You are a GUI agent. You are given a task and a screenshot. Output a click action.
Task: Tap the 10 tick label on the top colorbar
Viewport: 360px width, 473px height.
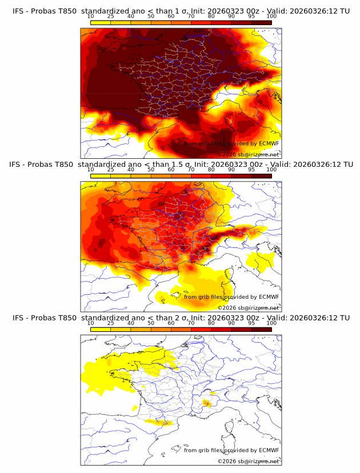pos(91,16)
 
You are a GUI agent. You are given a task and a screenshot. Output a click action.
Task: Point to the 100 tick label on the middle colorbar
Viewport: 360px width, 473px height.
pos(271,170)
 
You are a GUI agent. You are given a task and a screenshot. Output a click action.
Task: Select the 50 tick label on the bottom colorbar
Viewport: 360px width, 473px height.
pos(151,323)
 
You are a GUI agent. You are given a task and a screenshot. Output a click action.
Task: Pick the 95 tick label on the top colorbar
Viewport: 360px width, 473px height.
pos(251,16)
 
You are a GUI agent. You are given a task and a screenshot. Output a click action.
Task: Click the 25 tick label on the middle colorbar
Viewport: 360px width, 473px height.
pos(111,170)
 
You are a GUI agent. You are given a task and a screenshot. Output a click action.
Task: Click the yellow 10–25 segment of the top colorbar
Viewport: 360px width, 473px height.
pos(101,22)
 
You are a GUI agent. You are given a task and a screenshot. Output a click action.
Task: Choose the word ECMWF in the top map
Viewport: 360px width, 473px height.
pos(269,143)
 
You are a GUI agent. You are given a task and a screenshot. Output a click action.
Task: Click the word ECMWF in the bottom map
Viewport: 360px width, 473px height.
pos(269,450)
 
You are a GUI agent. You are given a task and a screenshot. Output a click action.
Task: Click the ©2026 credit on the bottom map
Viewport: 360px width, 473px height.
pos(227,461)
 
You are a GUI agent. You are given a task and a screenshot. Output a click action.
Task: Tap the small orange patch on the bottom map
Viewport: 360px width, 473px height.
pos(207,404)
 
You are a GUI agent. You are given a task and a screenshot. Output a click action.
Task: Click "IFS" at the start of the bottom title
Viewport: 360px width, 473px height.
pos(19,318)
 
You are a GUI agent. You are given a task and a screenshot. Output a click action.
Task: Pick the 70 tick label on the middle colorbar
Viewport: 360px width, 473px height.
pos(191,170)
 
